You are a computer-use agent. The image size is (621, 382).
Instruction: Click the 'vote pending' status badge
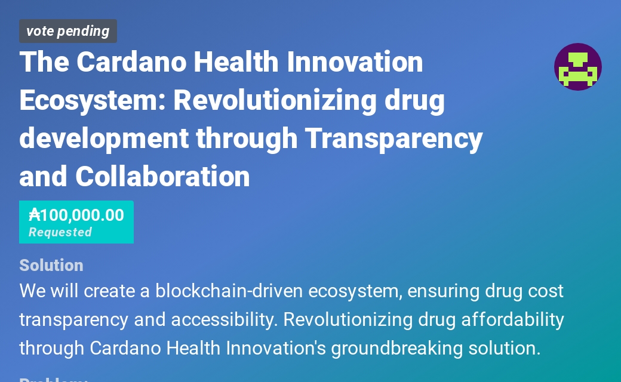[x=67, y=31]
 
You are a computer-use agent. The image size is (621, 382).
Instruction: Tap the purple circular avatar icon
[x=577, y=67]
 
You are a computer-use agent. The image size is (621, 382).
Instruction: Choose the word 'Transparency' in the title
[x=393, y=138]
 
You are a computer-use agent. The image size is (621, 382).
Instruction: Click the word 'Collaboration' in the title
[x=162, y=177]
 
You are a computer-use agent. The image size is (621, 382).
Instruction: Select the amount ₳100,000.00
[x=76, y=215]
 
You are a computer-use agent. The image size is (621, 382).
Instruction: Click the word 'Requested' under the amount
[x=60, y=232]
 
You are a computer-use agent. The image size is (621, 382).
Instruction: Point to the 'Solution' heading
[x=51, y=265]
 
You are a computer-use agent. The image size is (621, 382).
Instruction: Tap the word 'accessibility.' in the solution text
[x=225, y=320]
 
